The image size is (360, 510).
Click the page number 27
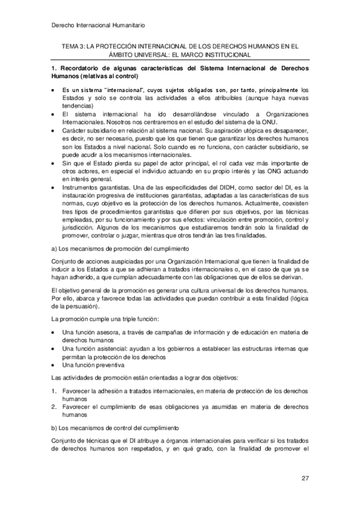[305, 478]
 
